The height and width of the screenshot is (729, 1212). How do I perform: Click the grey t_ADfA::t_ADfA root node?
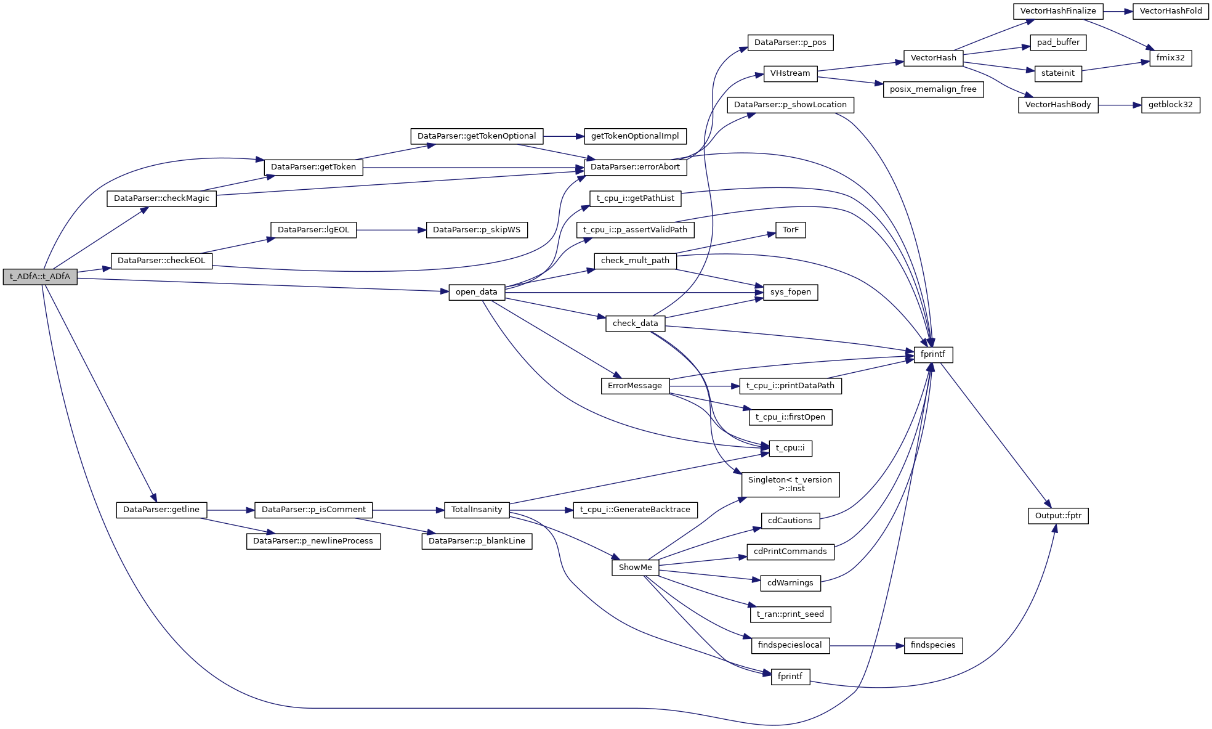pyautogui.click(x=40, y=277)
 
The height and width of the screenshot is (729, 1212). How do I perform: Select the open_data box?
pyautogui.click(x=477, y=292)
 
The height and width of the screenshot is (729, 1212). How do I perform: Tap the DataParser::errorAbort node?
pyautogui.click(x=635, y=167)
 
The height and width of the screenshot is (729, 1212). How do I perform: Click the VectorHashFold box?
pyautogui.click(x=1171, y=11)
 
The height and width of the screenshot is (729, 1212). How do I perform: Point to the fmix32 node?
pyautogui.click(x=1170, y=58)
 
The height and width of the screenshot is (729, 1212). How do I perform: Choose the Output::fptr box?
pyautogui.click(x=1058, y=516)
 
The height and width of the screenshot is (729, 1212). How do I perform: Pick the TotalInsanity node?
pyautogui.click(x=477, y=510)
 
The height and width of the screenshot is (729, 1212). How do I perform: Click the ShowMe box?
pyautogui.click(x=635, y=568)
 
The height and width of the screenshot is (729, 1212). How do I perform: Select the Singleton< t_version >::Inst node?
pyautogui.click(x=790, y=484)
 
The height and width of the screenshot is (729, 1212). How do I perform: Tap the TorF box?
pyautogui.click(x=790, y=230)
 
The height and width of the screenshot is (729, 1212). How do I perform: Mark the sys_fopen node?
pyautogui.click(x=790, y=292)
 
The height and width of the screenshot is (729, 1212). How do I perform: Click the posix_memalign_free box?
pyautogui.click(x=933, y=89)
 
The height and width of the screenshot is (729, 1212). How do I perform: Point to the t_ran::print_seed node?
pyautogui.click(x=790, y=614)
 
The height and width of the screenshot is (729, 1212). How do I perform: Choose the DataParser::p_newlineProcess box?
pyautogui.click(x=313, y=541)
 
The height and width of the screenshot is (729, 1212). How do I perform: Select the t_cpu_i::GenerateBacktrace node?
pyautogui.click(x=635, y=510)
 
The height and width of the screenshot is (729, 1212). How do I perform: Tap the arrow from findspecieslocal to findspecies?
pyautogui.click(x=867, y=646)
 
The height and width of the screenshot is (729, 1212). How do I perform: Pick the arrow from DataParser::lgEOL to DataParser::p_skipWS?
pyautogui.click(x=391, y=230)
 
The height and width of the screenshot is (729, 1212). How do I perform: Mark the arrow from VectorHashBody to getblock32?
pyautogui.click(x=1119, y=105)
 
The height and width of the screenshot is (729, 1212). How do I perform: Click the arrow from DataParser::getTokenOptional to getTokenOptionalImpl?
pyautogui.click(x=564, y=136)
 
